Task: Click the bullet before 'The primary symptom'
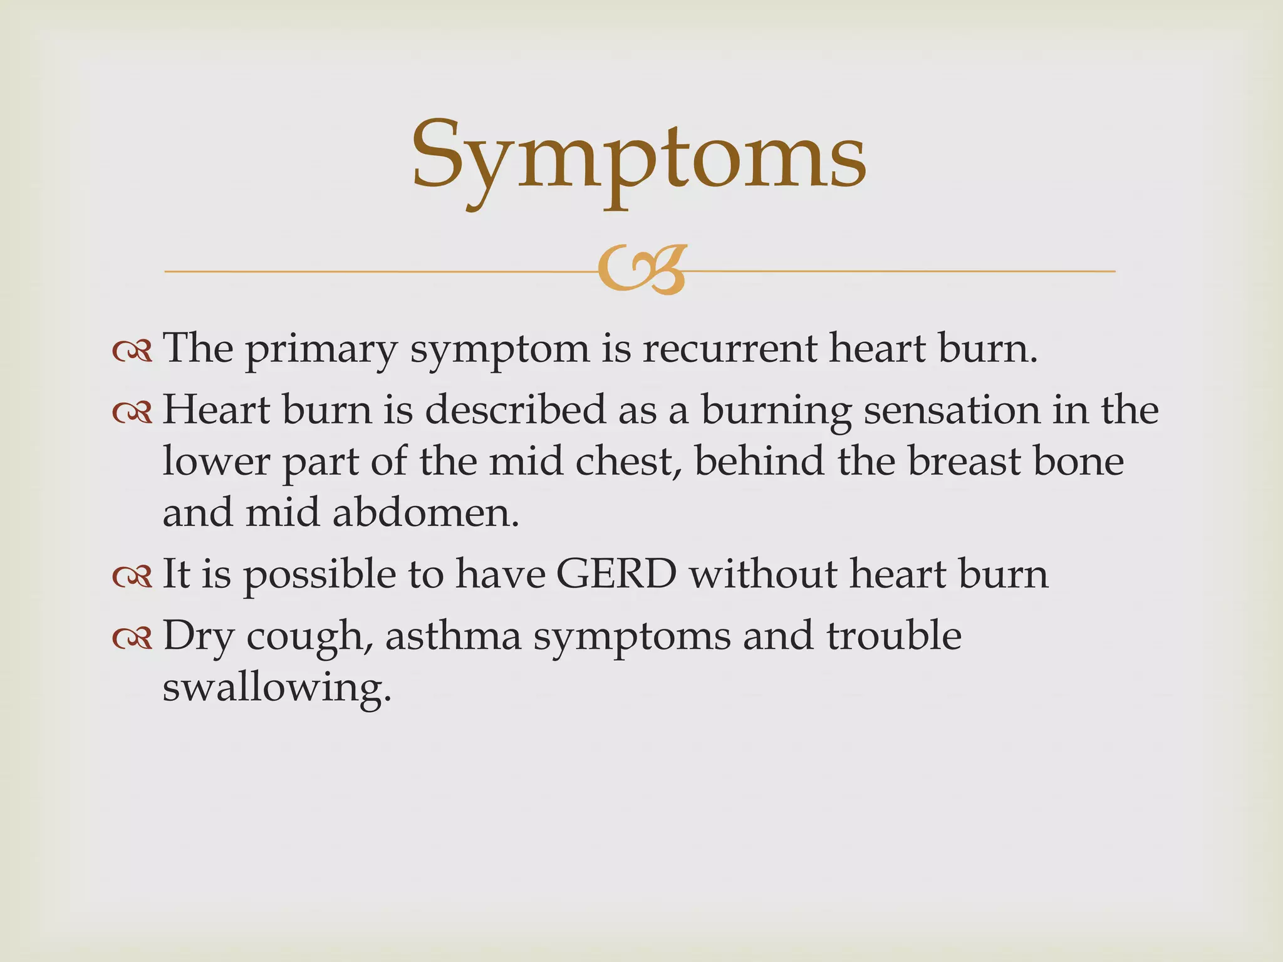pos(133,351)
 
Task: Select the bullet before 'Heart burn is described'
pos(133,413)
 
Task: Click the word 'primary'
pos(321,349)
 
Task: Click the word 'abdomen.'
pos(426,513)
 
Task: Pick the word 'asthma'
pos(454,636)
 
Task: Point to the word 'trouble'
pos(893,636)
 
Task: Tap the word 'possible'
pos(319,575)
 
